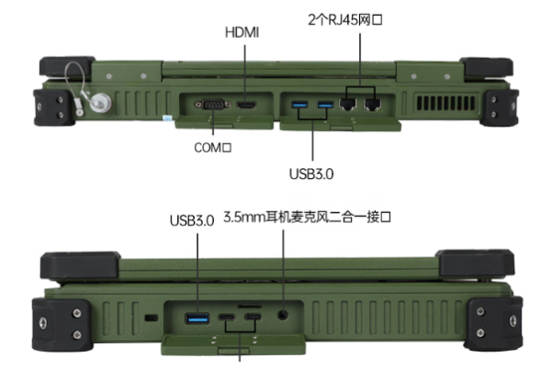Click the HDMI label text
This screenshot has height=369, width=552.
[242, 33]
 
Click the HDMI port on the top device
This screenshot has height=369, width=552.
[246, 106]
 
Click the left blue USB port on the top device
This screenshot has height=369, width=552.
[300, 106]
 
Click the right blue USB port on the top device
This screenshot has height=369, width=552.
[324, 106]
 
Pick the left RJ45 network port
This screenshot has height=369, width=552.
[349, 106]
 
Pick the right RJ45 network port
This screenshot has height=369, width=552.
[372, 106]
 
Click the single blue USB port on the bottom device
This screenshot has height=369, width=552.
[197, 319]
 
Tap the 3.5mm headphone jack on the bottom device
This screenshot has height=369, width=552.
[283, 318]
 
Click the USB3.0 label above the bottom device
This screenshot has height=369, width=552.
[192, 220]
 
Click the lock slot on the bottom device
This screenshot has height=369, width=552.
[150, 319]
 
